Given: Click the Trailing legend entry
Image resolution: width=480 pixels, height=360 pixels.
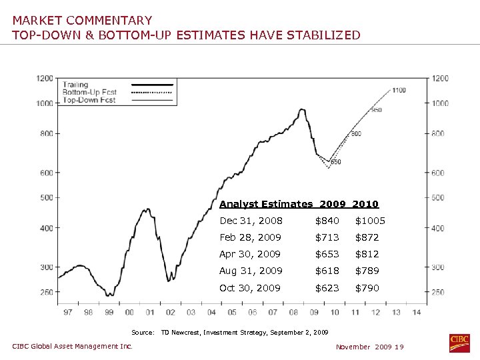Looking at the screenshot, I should [76, 85].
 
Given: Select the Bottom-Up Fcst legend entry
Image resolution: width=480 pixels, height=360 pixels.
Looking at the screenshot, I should [89, 92].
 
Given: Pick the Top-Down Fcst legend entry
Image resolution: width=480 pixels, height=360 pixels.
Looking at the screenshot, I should [89, 100].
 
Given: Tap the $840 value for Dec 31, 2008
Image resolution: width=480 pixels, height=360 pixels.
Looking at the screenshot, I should [327, 221].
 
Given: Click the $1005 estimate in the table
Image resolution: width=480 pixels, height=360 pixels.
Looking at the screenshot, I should [370, 221].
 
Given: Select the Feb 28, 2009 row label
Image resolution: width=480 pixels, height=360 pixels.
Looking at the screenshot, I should [250, 237].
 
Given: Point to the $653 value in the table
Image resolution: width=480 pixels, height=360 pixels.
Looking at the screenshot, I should [327, 254].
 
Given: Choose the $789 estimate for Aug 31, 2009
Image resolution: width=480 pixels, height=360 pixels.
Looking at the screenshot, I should [367, 271].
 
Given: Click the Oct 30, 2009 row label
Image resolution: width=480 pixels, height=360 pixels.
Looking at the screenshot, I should [250, 288].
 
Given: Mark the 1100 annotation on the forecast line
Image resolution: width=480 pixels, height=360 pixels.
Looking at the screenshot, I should [399, 90].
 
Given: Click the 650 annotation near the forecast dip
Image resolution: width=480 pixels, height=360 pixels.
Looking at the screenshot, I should [335, 162].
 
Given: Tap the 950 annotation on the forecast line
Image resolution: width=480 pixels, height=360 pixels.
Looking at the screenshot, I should [377, 110].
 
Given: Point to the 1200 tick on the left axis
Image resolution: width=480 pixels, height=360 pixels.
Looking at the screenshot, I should [45, 78].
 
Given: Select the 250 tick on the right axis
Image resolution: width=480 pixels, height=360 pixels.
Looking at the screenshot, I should [437, 292].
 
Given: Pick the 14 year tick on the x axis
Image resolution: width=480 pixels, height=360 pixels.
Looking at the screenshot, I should [417, 312].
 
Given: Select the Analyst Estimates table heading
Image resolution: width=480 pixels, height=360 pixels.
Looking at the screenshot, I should [266, 204].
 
